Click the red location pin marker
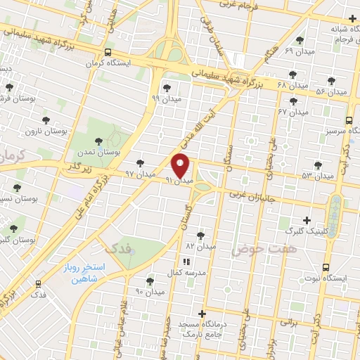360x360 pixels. click(181, 165)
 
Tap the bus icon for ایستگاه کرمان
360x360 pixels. click(108, 52)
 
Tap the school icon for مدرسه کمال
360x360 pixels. click(186, 262)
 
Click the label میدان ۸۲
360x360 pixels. click(200, 246)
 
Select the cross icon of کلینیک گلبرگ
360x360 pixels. click(306, 220)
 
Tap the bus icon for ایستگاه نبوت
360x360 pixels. click(326, 268)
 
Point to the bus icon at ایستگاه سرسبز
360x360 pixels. click(350, 119)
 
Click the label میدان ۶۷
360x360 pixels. click(293, 111)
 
